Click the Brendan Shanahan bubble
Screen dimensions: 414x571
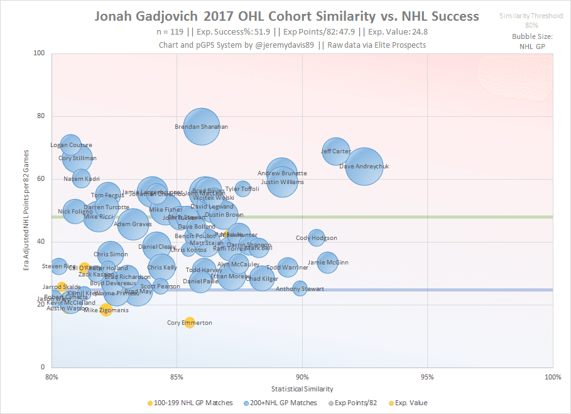click(201, 127)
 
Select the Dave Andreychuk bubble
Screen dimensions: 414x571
click(364, 166)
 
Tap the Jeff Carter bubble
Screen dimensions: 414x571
click(336, 151)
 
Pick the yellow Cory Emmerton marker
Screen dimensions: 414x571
click(190, 322)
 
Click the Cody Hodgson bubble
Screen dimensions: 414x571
click(317, 238)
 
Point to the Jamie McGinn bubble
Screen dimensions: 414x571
click(327, 262)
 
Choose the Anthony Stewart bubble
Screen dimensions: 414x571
click(300, 288)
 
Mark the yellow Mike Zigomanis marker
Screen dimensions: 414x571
click(106, 310)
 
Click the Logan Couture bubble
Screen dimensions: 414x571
click(70, 145)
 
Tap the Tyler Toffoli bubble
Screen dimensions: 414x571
click(242, 188)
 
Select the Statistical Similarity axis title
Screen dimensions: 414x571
click(303, 389)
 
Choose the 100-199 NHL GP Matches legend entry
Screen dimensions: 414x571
click(190, 403)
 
